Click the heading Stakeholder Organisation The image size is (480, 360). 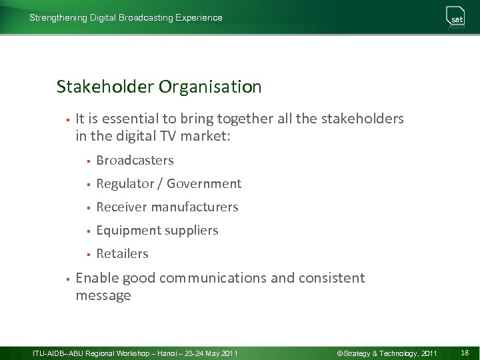pos(159,87)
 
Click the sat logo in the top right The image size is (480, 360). pos(456,18)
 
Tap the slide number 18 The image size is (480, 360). pos(464,352)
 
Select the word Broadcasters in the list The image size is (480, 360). pos(135,160)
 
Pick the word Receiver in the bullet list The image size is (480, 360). pos(121,207)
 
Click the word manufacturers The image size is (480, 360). pos(195,207)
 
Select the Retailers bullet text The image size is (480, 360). pos(122,253)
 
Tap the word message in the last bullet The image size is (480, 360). pos(103,295)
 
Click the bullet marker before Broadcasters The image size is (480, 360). pos(87,161)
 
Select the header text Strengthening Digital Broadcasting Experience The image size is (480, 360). pos(126,18)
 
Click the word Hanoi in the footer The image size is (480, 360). pos(168,352)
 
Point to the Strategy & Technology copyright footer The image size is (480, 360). pos(387,352)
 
